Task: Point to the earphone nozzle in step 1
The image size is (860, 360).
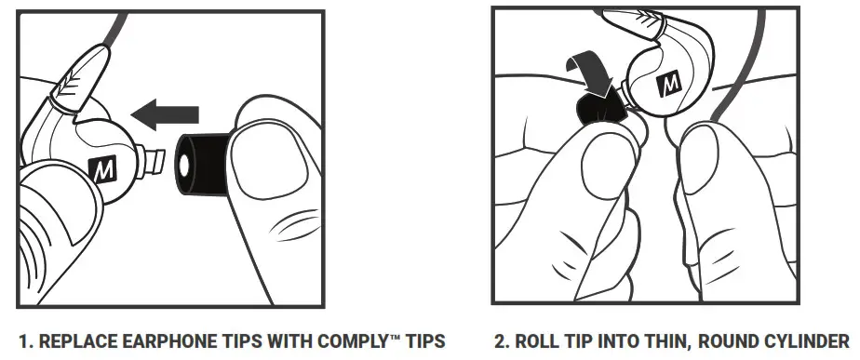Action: point(148,161)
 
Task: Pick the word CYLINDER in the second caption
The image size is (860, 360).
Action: point(808,337)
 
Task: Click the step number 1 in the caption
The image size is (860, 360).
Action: point(20,337)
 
